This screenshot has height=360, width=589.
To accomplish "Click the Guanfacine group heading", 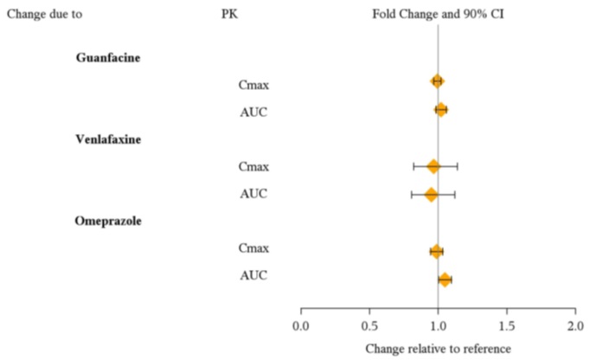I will tap(108, 57).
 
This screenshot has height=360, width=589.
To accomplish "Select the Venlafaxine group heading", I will tap(109, 138).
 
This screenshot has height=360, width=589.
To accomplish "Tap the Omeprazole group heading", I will tap(109, 221).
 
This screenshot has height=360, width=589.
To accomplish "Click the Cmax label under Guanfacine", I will tap(253, 84).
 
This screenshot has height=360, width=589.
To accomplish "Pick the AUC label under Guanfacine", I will tap(253, 112).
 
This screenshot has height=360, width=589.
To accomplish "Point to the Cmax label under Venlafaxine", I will tap(253, 166).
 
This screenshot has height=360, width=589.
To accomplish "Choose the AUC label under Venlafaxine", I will tap(253, 194).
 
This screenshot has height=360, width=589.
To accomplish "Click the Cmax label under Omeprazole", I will tap(253, 248).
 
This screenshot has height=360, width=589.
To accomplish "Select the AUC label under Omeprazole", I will tap(253, 276).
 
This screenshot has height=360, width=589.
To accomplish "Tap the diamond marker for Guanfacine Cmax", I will tap(437, 81).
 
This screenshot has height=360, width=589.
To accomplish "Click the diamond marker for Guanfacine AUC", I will tap(441, 110).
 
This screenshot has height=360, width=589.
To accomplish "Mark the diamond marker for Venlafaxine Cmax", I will tap(433, 165).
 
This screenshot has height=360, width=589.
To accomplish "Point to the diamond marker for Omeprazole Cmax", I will tap(436, 251).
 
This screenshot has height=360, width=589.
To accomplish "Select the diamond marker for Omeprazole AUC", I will tap(445, 280).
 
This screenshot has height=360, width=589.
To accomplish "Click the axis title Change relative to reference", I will tap(438, 349).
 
